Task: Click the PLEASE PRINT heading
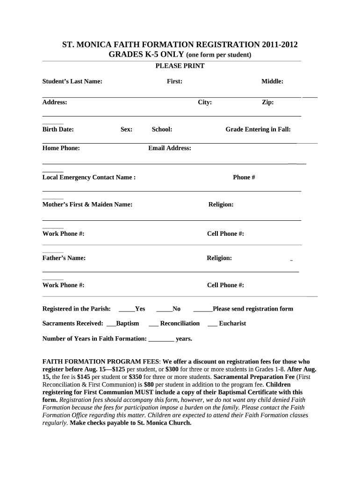pyautogui.click(x=180, y=66)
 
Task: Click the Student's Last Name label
pyautogui.click(x=72, y=81)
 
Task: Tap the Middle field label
pyautogui.click(x=272, y=81)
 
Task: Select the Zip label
pyautogui.click(x=267, y=102)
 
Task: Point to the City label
pyautogui.click(x=205, y=102)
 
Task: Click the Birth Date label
pyautogui.click(x=58, y=130)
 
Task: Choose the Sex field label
pyautogui.click(x=126, y=130)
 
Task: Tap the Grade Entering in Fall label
pyautogui.click(x=258, y=130)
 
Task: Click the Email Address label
pyautogui.click(x=170, y=148)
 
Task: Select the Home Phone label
pyautogui.click(x=61, y=148)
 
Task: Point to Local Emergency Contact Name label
pyautogui.click(x=89, y=177)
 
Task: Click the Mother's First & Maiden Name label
pyautogui.click(x=87, y=204)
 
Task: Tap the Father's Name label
pyautogui.click(x=64, y=258)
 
